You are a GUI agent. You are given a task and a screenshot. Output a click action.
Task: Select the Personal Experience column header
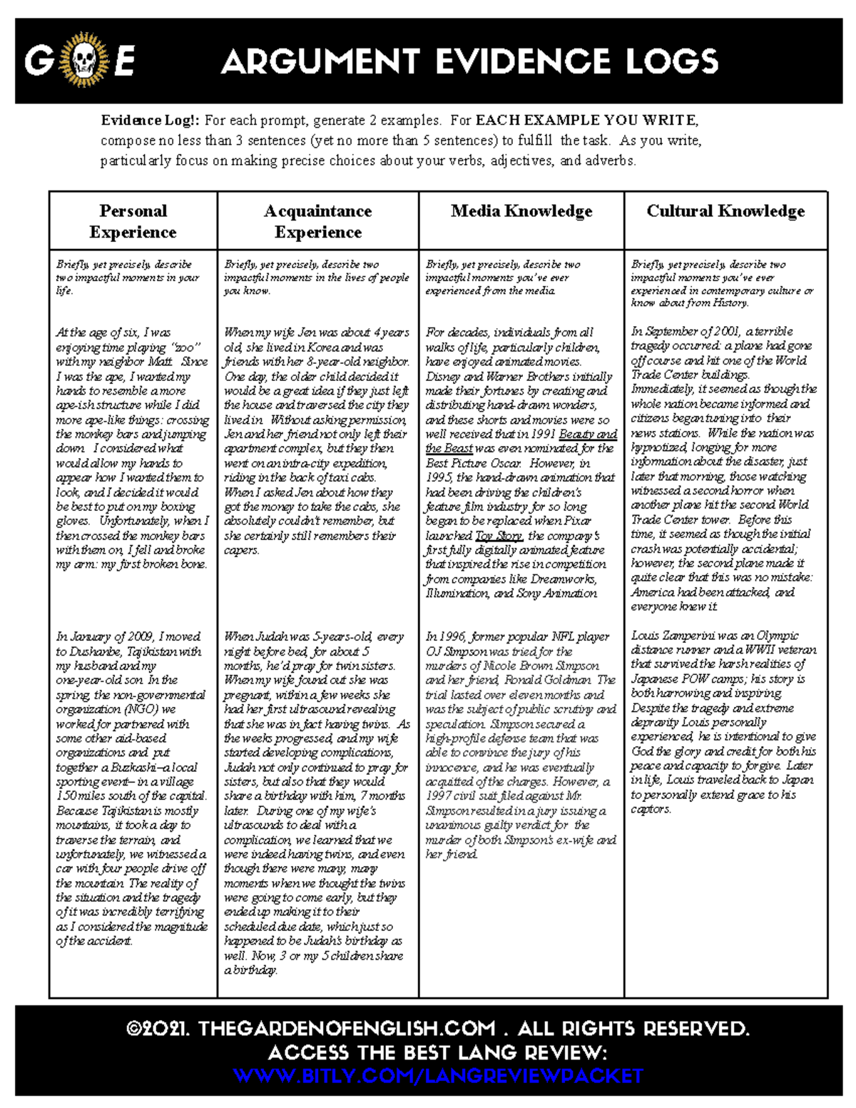[133, 221]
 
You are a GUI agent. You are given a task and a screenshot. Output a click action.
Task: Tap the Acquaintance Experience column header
[318, 221]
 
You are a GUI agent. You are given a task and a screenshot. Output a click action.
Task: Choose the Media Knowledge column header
[521, 211]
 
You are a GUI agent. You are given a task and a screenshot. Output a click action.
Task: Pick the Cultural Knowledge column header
[725, 211]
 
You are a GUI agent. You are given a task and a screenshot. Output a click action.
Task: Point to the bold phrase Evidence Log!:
[150, 120]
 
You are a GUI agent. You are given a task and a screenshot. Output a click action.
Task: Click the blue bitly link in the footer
[438, 1076]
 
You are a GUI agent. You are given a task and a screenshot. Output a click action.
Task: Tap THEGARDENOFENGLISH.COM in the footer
[347, 1029]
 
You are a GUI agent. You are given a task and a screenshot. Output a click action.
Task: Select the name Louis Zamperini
[673, 636]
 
